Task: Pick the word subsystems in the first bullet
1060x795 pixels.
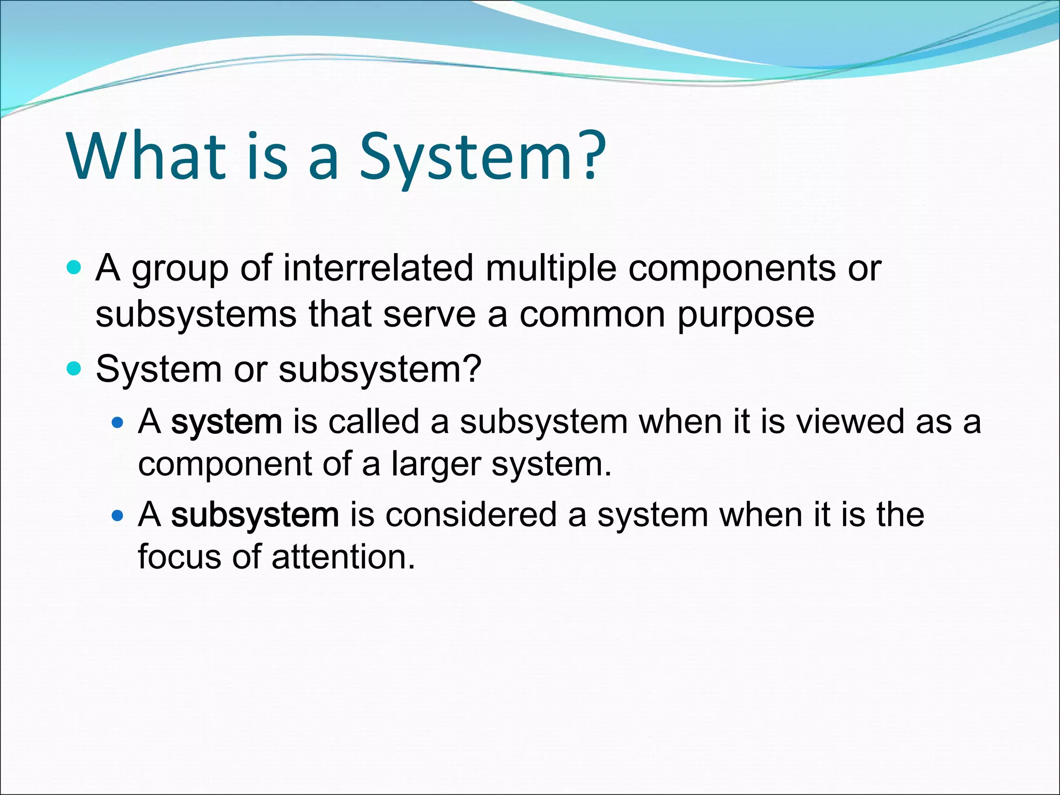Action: (196, 315)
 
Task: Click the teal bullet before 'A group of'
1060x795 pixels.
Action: (75, 268)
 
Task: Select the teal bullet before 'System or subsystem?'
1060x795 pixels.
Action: (75, 369)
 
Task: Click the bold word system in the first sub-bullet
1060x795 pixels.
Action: (227, 422)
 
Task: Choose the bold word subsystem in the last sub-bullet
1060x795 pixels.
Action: (255, 516)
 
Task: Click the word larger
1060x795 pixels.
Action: (436, 465)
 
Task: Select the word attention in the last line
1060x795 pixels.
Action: (343, 557)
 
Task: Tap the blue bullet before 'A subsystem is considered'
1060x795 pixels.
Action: (118, 516)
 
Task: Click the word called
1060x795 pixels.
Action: (374, 421)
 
